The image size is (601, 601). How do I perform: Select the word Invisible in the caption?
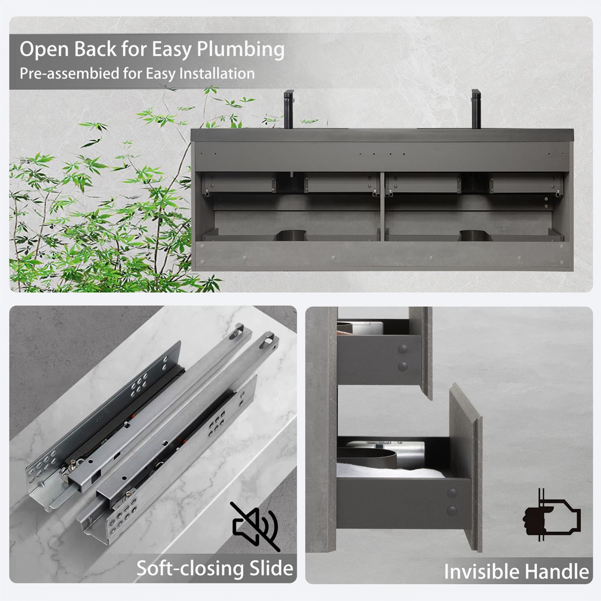pyautogui.click(x=482, y=571)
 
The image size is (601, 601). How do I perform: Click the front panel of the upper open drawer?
pyautogui.click(x=421, y=353)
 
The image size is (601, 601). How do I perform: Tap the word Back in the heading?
pyautogui.click(x=95, y=50)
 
